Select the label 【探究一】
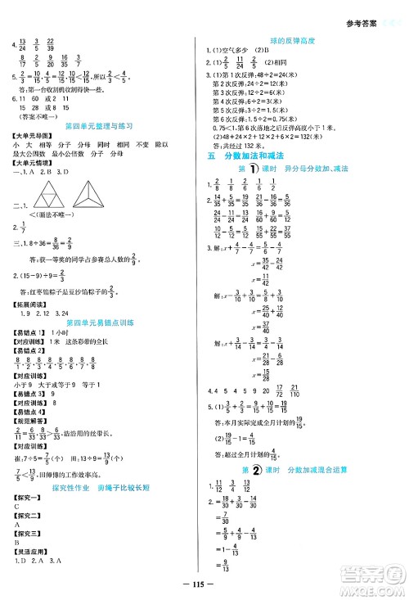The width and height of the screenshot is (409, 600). [25, 497]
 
